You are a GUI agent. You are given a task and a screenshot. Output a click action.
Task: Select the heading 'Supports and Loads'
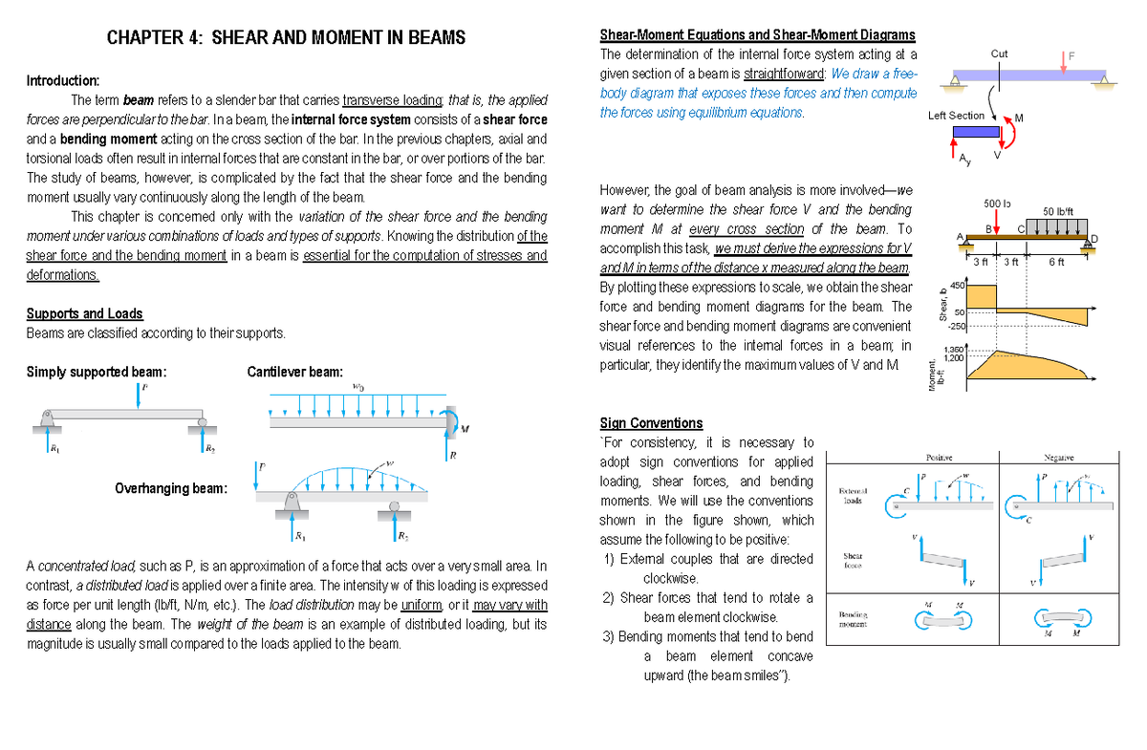coord(84,313)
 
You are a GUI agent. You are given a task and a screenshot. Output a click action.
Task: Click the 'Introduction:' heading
coord(62,79)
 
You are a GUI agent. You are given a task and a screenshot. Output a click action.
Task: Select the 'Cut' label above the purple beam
coord(999,54)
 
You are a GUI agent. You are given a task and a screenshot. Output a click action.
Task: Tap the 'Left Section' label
coord(956,116)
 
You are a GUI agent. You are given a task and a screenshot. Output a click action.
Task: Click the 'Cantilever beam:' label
coord(294,372)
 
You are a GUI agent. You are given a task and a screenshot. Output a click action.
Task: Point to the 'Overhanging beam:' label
coord(171,488)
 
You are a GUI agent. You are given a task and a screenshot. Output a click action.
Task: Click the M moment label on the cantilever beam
coord(464,427)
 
